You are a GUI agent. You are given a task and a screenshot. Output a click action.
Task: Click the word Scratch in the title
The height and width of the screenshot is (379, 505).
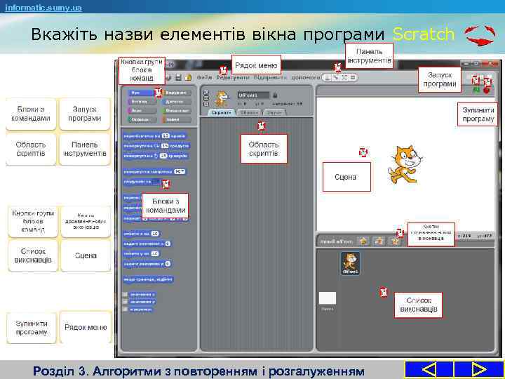click(x=423, y=34)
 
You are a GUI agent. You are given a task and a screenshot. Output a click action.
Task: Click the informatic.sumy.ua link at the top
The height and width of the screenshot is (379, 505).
click(x=43, y=7)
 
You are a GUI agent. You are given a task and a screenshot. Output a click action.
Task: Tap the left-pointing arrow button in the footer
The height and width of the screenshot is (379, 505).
click(x=429, y=369)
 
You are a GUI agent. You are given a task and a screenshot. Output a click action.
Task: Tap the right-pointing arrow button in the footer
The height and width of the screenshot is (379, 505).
click(x=479, y=369)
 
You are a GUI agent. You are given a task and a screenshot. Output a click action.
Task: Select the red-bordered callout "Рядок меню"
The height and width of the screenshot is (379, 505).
click(x=256, y=65)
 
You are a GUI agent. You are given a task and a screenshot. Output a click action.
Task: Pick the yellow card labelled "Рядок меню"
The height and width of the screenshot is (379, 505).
click(x=86, y=327)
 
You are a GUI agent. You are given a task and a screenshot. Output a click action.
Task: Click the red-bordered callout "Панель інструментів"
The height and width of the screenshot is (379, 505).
click(x=369, y=56)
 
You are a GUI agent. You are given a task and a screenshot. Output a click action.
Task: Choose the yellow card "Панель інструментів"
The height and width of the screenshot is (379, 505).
click(x=86, y=148)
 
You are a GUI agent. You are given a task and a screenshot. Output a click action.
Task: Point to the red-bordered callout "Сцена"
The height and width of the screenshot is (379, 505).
click(x=345, y=177)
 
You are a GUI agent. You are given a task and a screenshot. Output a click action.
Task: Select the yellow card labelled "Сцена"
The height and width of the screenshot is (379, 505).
click(x=86, y=255)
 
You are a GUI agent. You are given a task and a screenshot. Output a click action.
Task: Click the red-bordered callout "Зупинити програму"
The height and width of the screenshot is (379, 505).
click(x=478, y=114)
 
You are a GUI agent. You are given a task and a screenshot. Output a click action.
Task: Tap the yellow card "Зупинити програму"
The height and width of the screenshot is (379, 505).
click(x=32, y=327)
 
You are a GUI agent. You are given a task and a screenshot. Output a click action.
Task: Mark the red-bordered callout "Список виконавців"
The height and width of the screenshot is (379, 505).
click(x=418, y=305)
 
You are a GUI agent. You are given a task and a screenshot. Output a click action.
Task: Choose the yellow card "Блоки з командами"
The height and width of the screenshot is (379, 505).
click(x=32, y=114)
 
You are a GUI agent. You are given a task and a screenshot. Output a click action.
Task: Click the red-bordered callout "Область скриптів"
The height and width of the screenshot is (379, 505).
click(x=264, y=149)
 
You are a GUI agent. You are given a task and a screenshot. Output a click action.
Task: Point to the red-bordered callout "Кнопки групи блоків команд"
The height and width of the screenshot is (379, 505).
click(x=142, y=71)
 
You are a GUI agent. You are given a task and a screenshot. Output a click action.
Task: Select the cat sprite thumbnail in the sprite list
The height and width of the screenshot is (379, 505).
click(x=350, y=263)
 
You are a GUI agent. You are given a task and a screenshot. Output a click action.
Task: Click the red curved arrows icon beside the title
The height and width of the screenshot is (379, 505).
click(x=480, y=36)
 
